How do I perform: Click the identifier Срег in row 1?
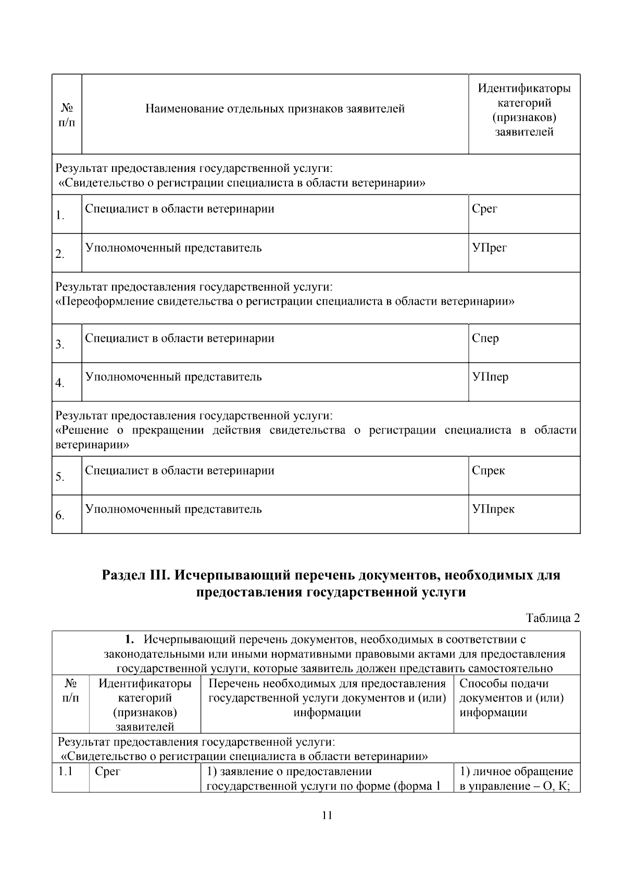pos(484,209)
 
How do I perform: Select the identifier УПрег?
pos(489,248)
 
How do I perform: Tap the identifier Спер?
pos(485,339)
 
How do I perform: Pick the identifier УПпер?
pos(490,377)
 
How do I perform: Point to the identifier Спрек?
pos(488,471)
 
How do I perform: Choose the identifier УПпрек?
pos(493,509)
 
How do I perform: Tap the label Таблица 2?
pos(553,618)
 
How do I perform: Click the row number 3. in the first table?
pos(60,345)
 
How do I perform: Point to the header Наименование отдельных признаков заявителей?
pos(275,109)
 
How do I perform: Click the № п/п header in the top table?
pos(67,115)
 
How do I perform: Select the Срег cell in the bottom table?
pos(107,771)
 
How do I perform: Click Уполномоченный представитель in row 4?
pos(173,377)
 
